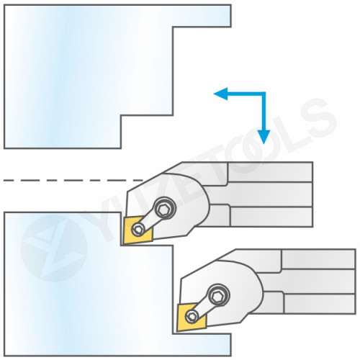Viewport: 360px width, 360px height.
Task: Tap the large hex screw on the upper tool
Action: (x=165, y=208)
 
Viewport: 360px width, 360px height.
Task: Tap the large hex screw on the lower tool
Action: (x=219, y=295)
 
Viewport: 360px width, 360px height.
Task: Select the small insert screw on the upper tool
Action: (x=138, y=230)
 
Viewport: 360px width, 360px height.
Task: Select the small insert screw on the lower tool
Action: (x=192, y=317)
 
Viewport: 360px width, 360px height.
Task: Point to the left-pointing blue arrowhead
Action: (x=220, y=94)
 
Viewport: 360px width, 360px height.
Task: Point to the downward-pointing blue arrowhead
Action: (x=264, y=137)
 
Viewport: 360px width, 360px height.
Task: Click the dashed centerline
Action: (x=73, y=180)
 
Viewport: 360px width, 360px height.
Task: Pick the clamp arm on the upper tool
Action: (x=151, y=219)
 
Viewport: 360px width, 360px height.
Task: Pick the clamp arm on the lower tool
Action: (x=205, y=306)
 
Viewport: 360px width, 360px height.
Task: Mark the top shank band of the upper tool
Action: (x=270, y=172)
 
